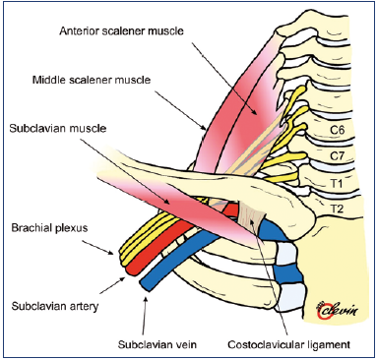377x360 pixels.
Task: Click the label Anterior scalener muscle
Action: click(x=121, y=31)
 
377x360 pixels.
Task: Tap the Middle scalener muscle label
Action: click(x=92, y=80)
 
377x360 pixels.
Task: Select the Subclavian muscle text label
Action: click(x=58, y=128)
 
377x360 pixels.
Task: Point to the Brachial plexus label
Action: click(x=49, y=228)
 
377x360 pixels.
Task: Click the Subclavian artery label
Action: click(x=55, y=307)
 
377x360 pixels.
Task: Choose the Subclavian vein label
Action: click(x=157, y=344)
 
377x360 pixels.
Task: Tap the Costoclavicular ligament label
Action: click(x=289, y=345)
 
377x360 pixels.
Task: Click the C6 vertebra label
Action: click(x=337, y=131)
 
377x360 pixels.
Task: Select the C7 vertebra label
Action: click(x=337, y=155)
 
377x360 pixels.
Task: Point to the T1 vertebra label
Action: click(x=336, y=184)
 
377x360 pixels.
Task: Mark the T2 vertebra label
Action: click(x=336, y=209)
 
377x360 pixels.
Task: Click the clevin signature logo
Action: click(x=336, y=310)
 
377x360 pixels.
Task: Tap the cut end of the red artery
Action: click(x=131, y=270)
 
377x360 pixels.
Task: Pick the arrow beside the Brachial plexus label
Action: click(x=98, y=247)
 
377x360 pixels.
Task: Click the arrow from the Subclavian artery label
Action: click(x=112, y=284)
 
